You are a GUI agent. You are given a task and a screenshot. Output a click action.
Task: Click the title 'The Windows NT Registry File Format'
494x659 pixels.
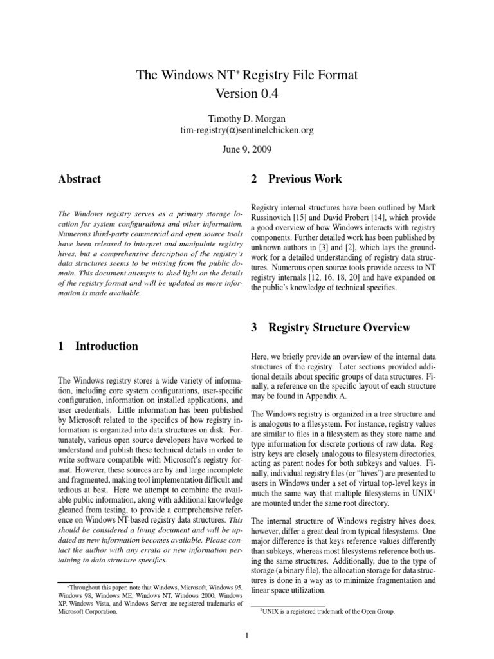click(x=247, y=76)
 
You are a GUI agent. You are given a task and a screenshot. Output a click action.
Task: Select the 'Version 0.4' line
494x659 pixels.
click(x=247, y=94)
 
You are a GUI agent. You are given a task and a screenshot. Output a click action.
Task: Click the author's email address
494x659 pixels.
click(x=247, y=131)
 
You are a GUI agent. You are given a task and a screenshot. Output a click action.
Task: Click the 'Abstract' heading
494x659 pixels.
click(x=79, y=179)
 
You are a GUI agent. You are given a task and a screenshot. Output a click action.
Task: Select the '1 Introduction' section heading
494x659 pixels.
click(x=98, y=346)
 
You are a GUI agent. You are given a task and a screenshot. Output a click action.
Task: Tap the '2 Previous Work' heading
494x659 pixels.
click(x=296, y=179)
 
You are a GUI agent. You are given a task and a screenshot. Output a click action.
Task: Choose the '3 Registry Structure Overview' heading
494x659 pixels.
click(x=331, y=328)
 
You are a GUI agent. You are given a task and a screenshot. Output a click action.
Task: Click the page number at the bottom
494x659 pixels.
click(x=247, y=637)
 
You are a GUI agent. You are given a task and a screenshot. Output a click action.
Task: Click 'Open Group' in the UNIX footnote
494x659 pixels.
click(x=376, y=611)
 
